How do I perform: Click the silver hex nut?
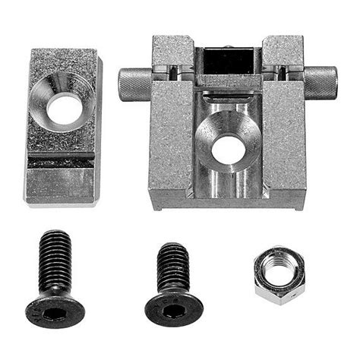279,275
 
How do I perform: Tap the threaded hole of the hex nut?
279,273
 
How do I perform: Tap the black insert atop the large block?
229,60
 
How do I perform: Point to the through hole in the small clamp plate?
63,108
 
